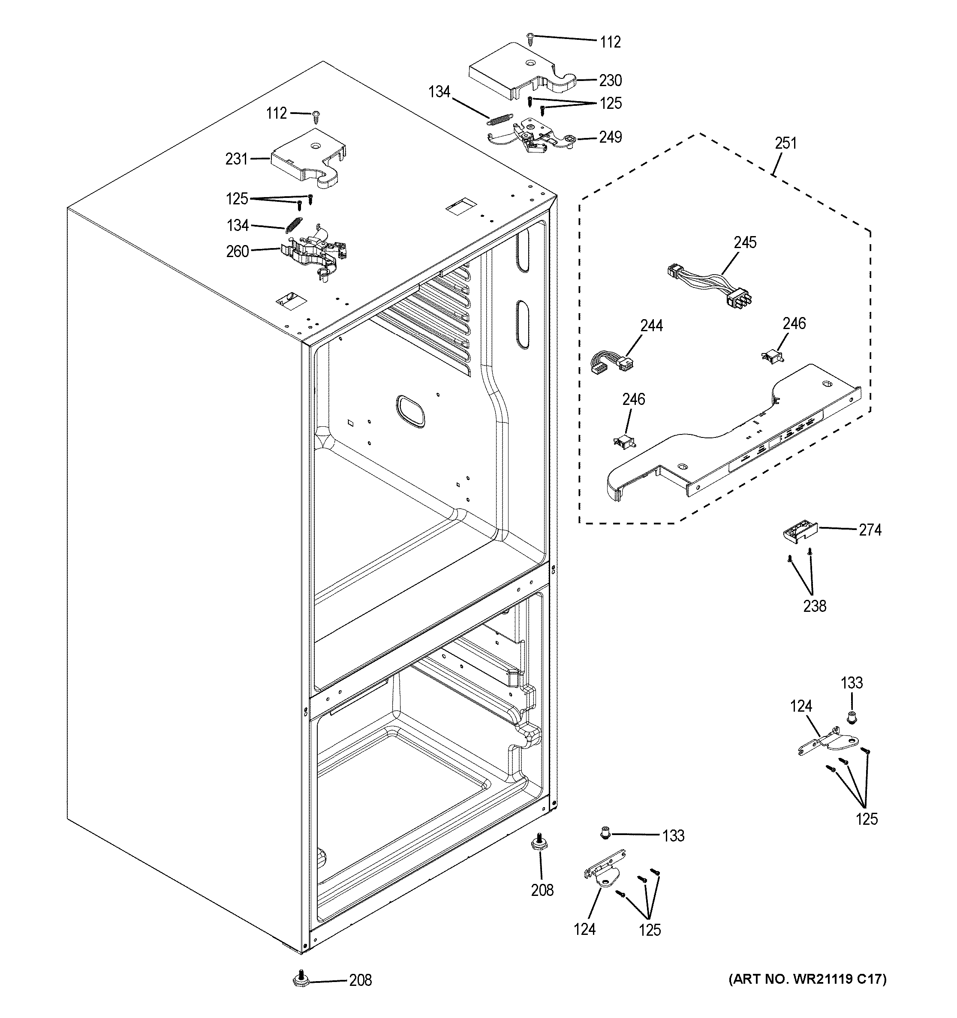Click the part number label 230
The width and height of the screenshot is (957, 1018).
point(610,81)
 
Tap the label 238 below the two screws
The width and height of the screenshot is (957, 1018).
point(814,606)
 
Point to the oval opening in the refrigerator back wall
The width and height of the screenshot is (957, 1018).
point(410,411)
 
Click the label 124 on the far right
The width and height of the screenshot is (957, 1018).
point(801,707)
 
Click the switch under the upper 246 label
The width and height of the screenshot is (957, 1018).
point(773,356)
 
